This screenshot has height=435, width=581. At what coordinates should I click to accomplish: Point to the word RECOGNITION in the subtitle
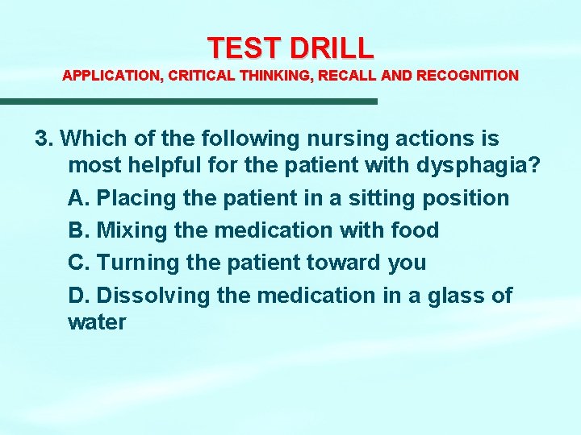tap(467, 76)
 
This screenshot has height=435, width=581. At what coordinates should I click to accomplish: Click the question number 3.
tap(44, 139)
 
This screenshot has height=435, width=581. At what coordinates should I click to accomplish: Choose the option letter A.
tap(77, 198)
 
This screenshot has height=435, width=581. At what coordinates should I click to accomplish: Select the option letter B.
tap(77, 230)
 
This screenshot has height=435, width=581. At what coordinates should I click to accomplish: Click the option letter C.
tap(77, 263)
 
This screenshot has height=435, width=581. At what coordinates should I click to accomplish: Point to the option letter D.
tap(77, 296)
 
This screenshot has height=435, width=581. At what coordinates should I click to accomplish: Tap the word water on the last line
tap(97, 323)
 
